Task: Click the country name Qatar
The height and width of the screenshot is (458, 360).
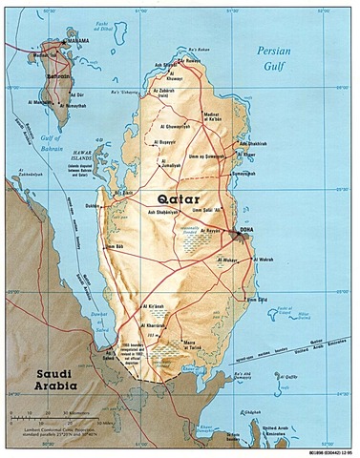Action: click(174, 198)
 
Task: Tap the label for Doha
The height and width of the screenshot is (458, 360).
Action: click(252, 229)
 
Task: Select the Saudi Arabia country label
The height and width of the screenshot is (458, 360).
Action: click(41, 379)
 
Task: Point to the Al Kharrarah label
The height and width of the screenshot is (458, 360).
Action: click(169, 324)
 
